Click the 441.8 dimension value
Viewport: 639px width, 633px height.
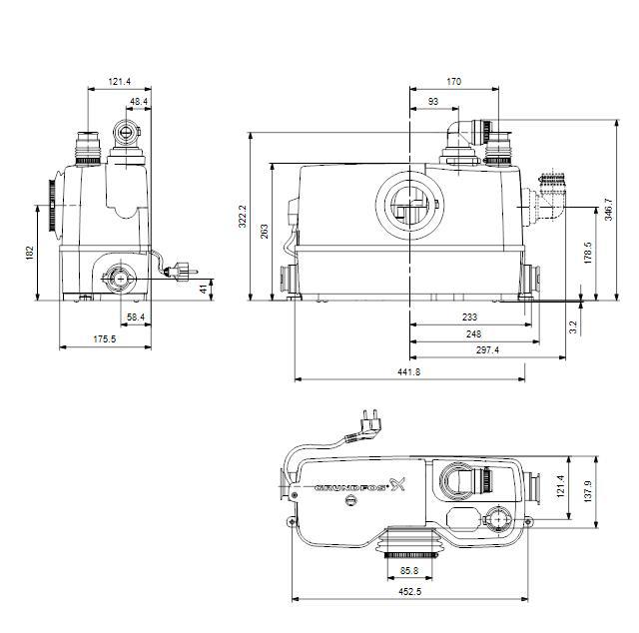410,371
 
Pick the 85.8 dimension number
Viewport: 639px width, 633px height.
410,571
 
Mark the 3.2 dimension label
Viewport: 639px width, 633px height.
573,324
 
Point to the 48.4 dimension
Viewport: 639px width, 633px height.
139,101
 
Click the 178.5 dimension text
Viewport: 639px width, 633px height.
588,254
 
